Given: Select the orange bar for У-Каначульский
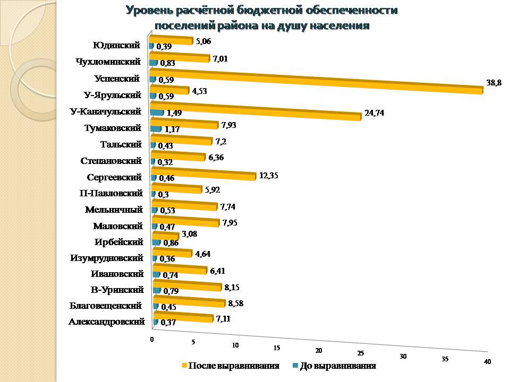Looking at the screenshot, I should pyautogui.click(x=255, y=112).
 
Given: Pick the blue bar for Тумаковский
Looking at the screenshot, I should pyautogui.click(x=156, y=128).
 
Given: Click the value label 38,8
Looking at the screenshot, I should pyautogui.click(x=494, y=83).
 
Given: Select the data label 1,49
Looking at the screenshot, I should pyautogui.click(x=174, y=112).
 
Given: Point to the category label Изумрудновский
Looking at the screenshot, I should pyautogui.click(x=107, y=258).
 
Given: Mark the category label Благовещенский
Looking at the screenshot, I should pyautogui.click(x=105, y=306).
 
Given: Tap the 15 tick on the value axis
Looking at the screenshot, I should pyautogui.click(x=277, y=348).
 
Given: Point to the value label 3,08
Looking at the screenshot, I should pyautogui.click(x=191, y=234).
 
